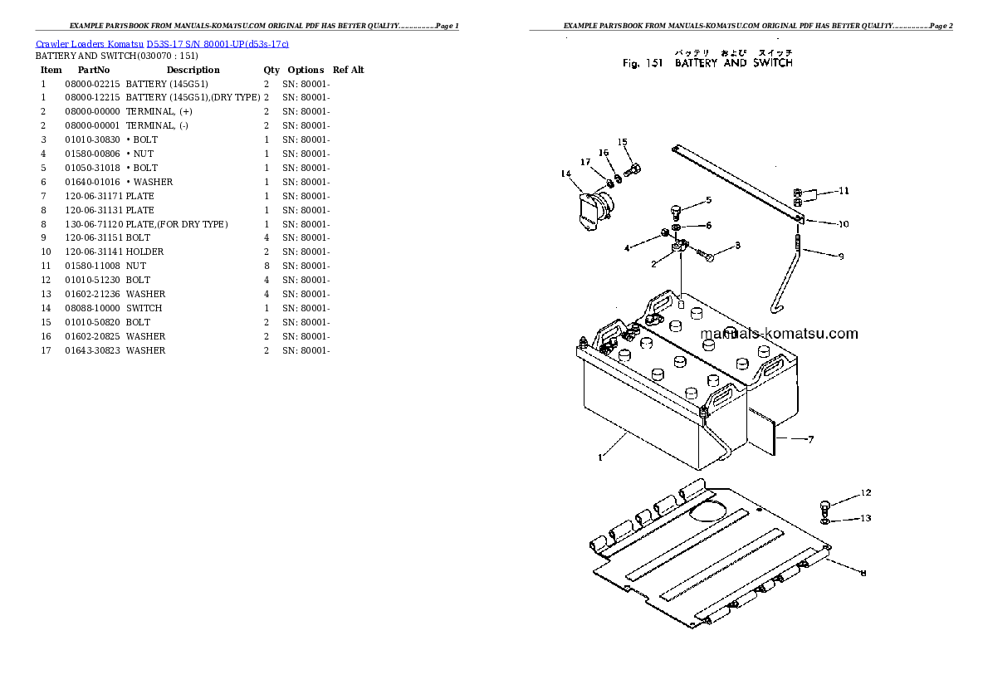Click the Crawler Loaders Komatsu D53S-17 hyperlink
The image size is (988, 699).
(x=162, y=43)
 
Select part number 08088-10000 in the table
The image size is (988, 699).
(x=92, y=308)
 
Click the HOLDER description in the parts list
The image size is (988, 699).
(x=145, y=252)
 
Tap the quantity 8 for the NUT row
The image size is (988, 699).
(x=267, y=266)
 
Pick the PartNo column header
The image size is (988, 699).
(x=93, y=70)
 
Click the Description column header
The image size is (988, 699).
(x=193, y=70)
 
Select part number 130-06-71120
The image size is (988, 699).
(x=93, y=224)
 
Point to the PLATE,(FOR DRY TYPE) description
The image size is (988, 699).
(x=177, y=224)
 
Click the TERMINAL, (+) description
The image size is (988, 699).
(x=159, y=111)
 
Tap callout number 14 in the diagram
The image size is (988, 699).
(x=566, y=174)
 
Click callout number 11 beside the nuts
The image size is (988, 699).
(x=843, y=191)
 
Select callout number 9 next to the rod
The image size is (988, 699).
(x=840, y=257)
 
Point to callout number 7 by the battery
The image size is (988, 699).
(x=810, y=439)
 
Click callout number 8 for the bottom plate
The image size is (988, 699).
(x=863, y=573)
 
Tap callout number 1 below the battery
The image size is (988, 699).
(x=600, y=456)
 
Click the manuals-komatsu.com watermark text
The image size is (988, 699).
(x=779, y=334)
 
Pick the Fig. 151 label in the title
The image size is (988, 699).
(x=643, y=63)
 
